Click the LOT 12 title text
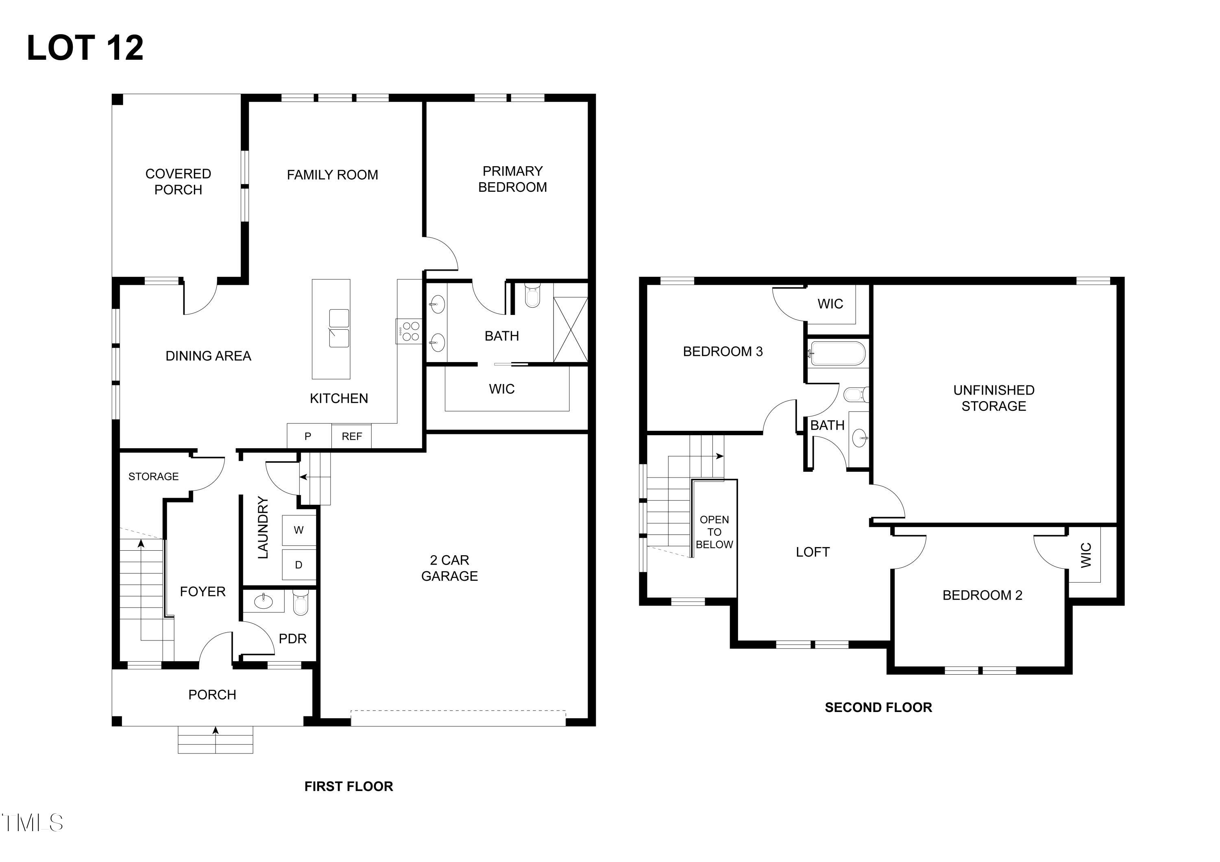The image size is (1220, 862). pyautogui.click(x=85, y=48)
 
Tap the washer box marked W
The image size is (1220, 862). pyautogui.click(x=298, y=530)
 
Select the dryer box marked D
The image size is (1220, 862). pyautogui.click(x=298, y=565)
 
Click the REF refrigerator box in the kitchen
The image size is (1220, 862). pyautogui.click(x=351, y=436)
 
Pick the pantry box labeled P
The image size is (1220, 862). pyautogui.click(x=308, y=436)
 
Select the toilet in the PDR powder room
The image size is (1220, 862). pyautogui.click(x=300, y=603)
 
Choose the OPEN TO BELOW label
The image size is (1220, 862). pyautogui.click(x=714, y=532)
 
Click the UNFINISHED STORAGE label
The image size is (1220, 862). pyautogui.click(x=993, y=398)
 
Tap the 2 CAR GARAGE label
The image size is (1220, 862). pyautogui.click(x=449, y=568)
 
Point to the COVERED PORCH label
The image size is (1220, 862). pyautogui.click(x=178, y=182)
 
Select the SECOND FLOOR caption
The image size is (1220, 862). pyautogui.click(x=878, y=708)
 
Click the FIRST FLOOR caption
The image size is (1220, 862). pyautogui.click(x=349, y=786)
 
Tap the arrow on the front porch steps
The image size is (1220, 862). pyautogui.click(x=215, y=731)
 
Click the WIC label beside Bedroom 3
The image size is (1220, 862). pyautogui.click(x=830, y=304)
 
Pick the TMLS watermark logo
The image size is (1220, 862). pyautogui.click(x=32, y=823)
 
